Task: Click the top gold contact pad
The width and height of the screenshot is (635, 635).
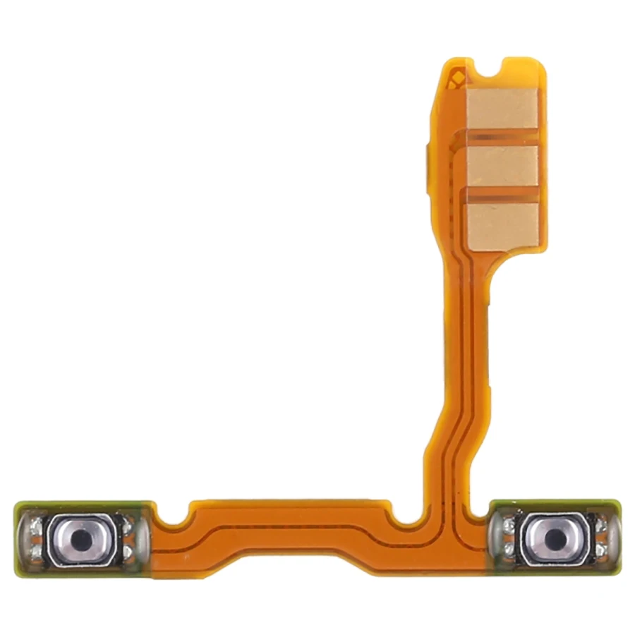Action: click(x=502, y=109)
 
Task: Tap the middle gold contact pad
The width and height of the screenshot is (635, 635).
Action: click(x=502, y=167)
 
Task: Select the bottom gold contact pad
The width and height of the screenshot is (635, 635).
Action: click(x=502, y=226)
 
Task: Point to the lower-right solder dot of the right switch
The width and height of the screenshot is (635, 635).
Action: click(x=601, y=550)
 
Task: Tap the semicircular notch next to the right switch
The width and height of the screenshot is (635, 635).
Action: click(x=406, y=517)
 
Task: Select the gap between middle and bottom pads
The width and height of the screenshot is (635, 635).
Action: click(x=502, y=196)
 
